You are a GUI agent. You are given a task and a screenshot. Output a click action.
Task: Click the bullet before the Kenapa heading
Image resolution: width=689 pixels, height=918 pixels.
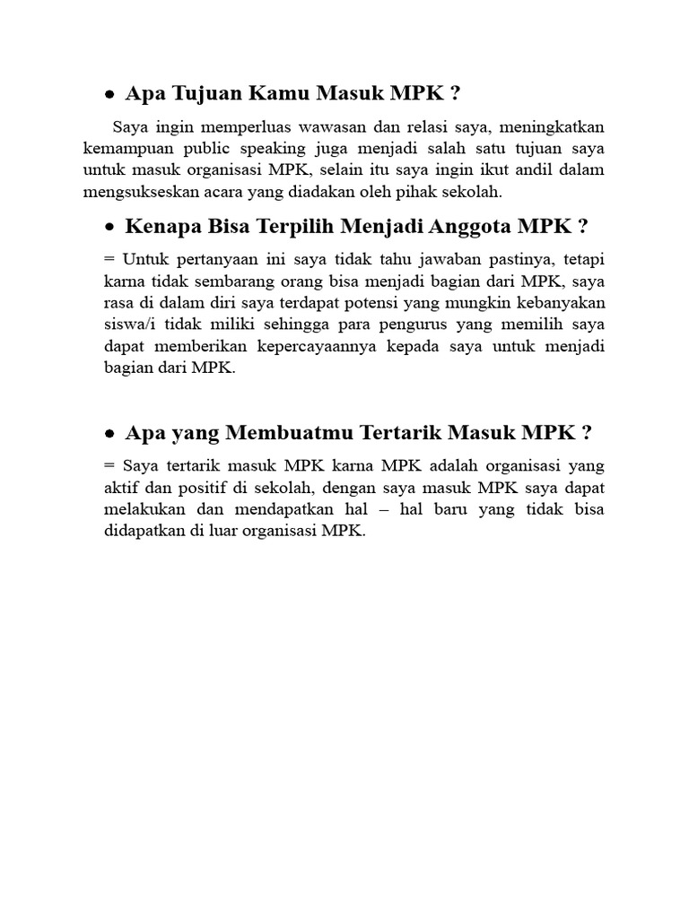(x=109, y=227)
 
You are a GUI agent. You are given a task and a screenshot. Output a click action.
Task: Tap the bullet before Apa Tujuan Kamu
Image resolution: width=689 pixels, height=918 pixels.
(x=109, y=94)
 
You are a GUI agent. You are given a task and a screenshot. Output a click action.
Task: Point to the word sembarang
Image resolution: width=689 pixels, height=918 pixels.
(x=236, y=281)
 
